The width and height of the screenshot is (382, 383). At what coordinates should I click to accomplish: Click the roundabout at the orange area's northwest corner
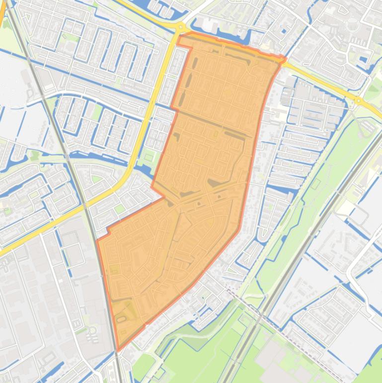(180, 27)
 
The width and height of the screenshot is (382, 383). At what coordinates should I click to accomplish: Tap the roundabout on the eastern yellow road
(358, 101)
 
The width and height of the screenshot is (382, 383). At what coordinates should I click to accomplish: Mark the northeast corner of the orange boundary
(285, 60)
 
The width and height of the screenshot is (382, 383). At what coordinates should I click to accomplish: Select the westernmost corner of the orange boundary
(96, 240)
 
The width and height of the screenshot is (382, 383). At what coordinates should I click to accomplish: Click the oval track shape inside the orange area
(121, 319)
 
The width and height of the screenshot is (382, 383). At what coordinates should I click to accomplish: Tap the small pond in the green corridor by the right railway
(316, 185)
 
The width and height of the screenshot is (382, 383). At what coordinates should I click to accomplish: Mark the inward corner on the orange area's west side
(165, 197)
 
